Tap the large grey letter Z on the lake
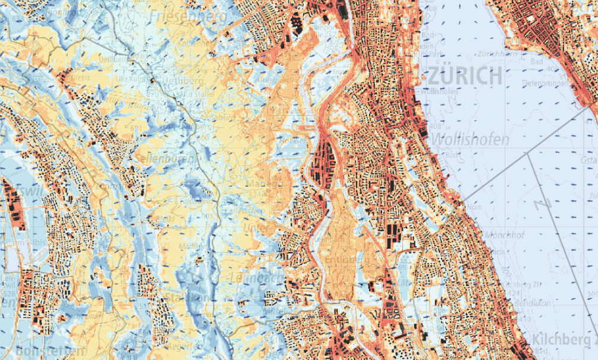pos(540,204)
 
